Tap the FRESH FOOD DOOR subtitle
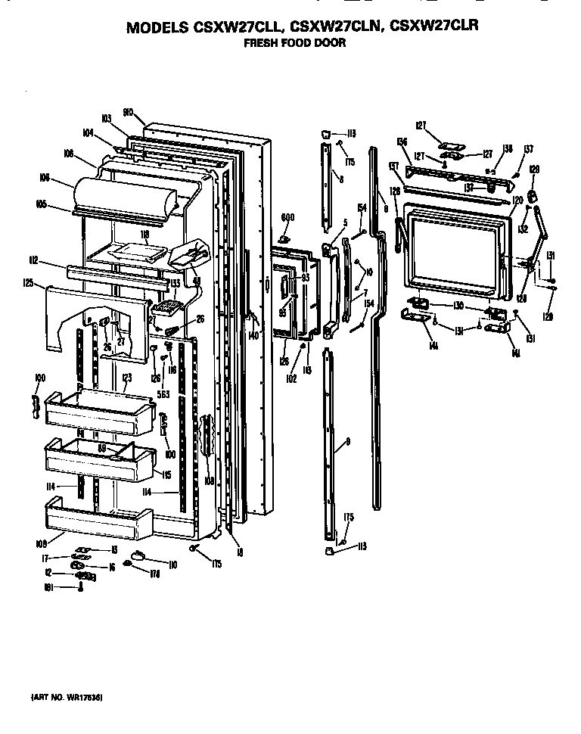click(294, 43)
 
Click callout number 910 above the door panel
click(128, 111)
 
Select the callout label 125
click(28, 282)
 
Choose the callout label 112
click(34, 260)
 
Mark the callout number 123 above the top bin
click(126, 376)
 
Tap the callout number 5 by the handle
click(345, 222)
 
